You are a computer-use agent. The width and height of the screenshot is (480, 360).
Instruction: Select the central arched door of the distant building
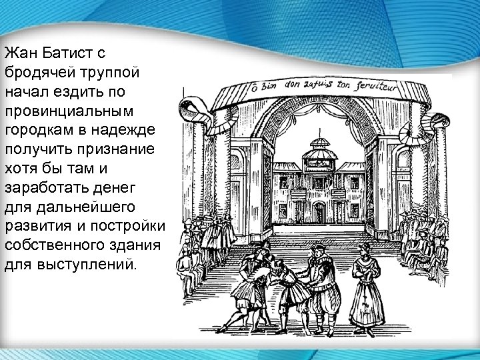click(319, 213)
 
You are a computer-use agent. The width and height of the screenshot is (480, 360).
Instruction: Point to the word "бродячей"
click(33, 71)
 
